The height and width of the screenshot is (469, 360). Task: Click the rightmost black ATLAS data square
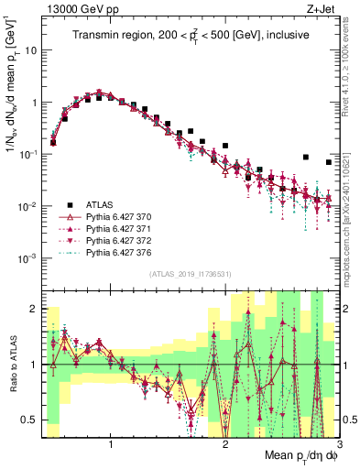click(329, 162)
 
